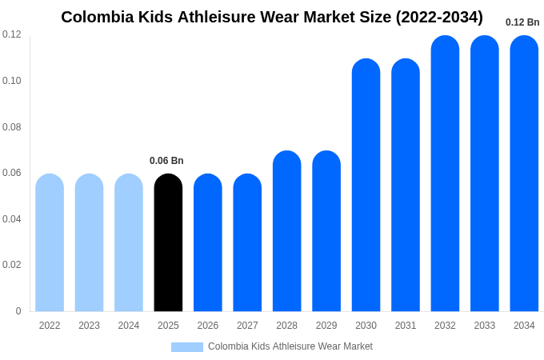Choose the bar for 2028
click(x=286, y=231)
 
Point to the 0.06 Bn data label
click(x=166, y=161)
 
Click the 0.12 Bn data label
click(x=522, y=22)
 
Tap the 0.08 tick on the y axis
click(x=12, y=127)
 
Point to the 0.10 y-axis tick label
click(x=12, y=81)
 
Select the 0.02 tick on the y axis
click(x=12, y=265)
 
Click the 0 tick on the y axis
click(x=18, y=311)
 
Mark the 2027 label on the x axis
click(x=247, y=326)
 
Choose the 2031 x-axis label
click(x=406, y=326)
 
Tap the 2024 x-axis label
click(x=129, y=326)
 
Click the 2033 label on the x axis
click(x=485, y=326)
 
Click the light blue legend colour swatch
click(x=187, y=347)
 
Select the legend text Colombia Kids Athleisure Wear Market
click(x=290, y=346)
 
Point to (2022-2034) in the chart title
click(x=439, y=17)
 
